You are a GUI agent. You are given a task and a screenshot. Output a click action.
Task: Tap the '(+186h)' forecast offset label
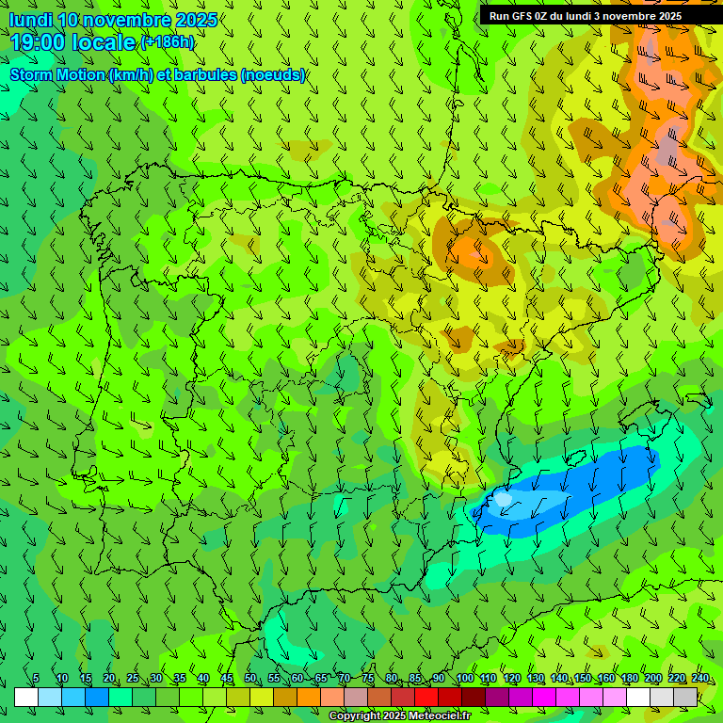point(167,42)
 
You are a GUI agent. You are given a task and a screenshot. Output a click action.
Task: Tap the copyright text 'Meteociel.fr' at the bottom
point(433,716)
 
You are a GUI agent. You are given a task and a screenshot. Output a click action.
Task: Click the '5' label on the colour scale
point(36,679)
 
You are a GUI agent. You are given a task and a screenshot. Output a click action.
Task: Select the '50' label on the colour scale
point(250,679)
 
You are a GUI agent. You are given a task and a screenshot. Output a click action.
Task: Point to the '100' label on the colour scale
point(464,679)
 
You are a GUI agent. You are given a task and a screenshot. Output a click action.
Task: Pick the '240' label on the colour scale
point(700,679)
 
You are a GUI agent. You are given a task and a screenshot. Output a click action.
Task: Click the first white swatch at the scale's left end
point(26,697)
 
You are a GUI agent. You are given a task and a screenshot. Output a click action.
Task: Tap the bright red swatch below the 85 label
point(426,697)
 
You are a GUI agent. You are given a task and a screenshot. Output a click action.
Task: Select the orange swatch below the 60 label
point(309,697)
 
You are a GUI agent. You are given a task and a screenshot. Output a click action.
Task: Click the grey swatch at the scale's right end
point(685,697)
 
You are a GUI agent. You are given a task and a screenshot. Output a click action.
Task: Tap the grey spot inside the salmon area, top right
point(667,146)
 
